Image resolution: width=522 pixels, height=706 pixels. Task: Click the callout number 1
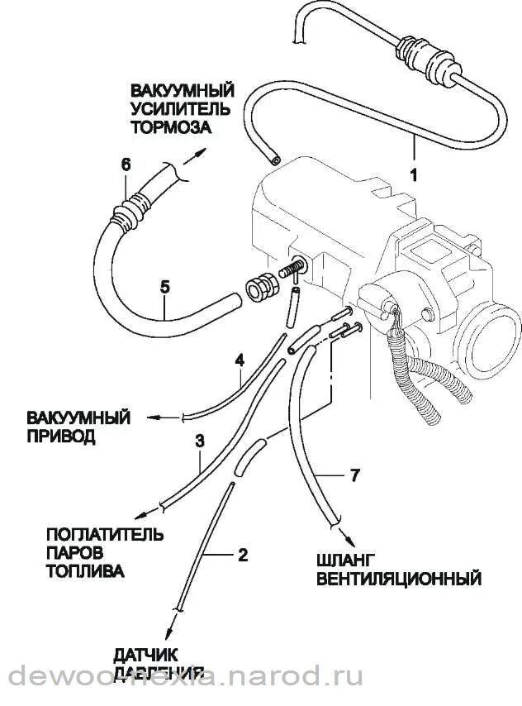413,174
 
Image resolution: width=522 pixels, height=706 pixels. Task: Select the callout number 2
243,554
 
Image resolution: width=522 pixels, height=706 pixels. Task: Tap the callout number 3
199,441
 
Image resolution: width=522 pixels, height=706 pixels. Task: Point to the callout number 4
240,360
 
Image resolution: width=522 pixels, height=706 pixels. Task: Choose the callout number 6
126,165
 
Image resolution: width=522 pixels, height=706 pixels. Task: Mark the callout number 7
354,475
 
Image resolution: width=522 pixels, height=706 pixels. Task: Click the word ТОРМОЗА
171,127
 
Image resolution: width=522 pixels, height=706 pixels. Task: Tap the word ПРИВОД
60,436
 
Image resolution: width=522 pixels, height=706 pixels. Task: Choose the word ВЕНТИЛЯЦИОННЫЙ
399,578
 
